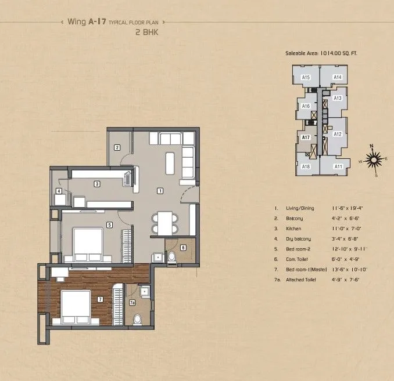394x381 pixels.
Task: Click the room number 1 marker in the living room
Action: (x=160, y=191)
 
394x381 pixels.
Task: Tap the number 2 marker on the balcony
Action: (x=117, y=147)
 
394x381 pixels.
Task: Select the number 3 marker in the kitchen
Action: (x=97, y=184)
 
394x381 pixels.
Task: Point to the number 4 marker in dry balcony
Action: (x=59, y=191)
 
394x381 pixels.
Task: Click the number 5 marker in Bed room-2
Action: (x=109, y=224)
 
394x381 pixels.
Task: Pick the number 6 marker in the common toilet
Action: (x=182, y=248)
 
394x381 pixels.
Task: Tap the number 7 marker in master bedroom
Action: (x=100, y=299)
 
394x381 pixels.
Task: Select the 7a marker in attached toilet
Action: (x=132, y=303)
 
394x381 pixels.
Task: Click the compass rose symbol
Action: (x=375, y=157)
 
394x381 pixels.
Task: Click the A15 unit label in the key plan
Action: (x=306, y=77)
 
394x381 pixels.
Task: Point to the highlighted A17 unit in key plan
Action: (x=305, y=137)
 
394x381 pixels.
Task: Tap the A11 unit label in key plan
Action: (x=338, y=166)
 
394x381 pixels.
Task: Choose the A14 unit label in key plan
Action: (x=337, y=77)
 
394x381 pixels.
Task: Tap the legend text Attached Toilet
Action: (x=304, y=280)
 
